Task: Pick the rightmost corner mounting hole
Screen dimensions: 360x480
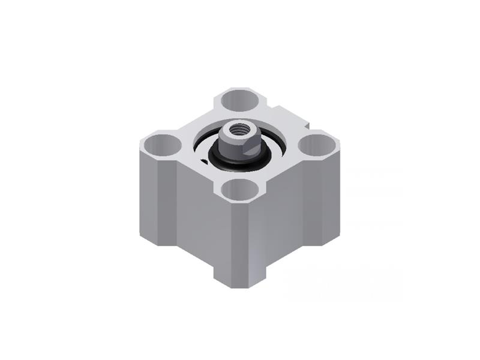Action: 319,143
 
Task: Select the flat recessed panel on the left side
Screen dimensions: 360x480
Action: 196,216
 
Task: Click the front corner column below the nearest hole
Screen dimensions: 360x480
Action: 240,240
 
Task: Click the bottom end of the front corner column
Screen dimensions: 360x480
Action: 240,281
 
